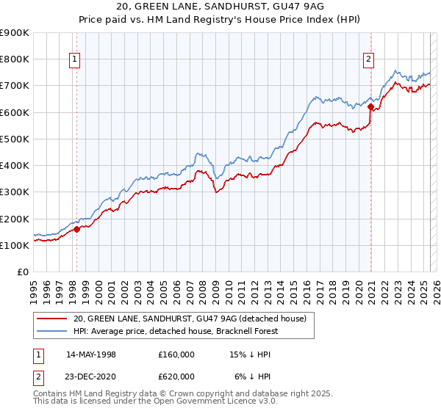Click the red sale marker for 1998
pos(77,229)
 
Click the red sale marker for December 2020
pos(370,107)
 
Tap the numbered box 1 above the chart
pos(76,61)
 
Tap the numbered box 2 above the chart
pos(367,61)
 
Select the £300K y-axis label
pos(15,192)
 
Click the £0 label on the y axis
pos(22,272)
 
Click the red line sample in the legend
pos(52,318)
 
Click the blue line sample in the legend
pos(52,330)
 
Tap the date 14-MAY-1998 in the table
pos(91,354)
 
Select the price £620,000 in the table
pos(176,376)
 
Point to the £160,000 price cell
pos(176,354)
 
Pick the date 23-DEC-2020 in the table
pos(91,376)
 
